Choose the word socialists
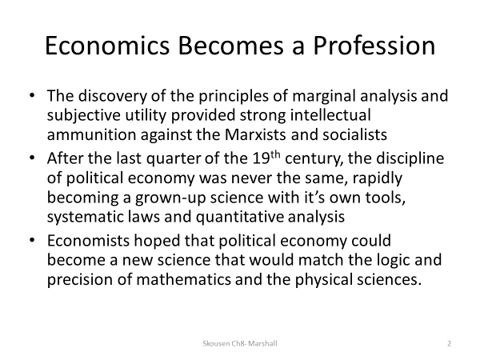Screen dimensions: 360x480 click(352, 133)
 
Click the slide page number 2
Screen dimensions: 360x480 click(450, 342)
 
